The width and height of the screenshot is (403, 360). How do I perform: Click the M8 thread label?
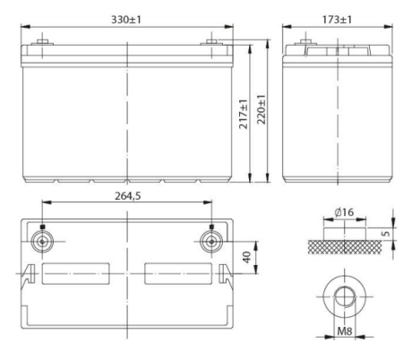341,339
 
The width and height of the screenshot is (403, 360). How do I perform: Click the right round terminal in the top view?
210,242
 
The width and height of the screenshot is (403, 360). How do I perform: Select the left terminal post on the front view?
42,42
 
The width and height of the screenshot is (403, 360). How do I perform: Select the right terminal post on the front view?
210,42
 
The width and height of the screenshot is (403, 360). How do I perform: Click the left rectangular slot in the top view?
75,270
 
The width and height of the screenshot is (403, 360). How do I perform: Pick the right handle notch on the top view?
224,270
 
